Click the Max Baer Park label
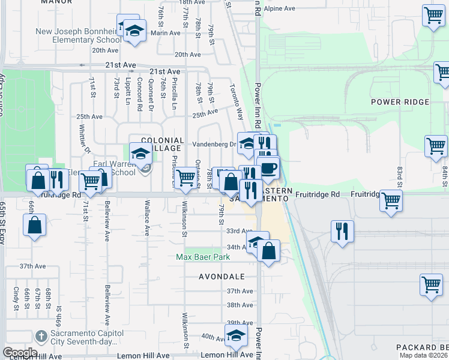click(x=203, y=257)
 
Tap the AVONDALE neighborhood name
click(x=222, y=277)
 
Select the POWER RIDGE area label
click(x=400, y=102)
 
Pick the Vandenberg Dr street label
click(x=214, y=145)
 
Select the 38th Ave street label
click(x=240, y=305)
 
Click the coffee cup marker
click(x=268, y=169)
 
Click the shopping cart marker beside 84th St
click(x=436, y=146)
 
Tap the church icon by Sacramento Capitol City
click(x=41, y=335)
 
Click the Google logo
click(x=20, y=353)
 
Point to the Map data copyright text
click(x=423, y=355)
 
